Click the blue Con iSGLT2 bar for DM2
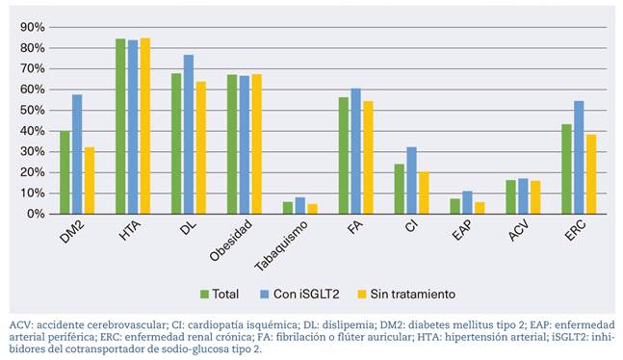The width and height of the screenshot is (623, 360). click(76, 154)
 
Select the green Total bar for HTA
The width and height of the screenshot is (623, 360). click(120, 126)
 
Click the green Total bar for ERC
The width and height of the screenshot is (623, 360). click(566, 168)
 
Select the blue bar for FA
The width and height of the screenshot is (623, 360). click(355, 151)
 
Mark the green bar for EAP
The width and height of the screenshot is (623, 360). click(455, 206)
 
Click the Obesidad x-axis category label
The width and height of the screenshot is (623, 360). click(232, 239)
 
